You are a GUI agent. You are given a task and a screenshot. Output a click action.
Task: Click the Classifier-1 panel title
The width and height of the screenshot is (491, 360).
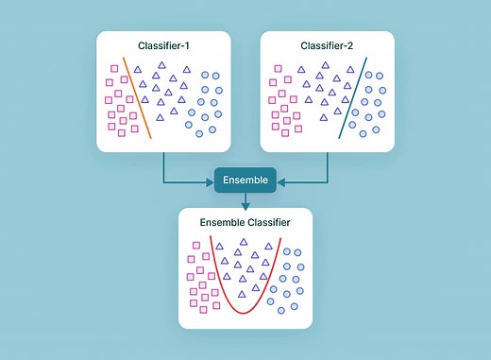164,45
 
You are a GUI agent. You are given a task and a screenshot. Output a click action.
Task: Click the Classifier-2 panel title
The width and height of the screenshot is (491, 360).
326,45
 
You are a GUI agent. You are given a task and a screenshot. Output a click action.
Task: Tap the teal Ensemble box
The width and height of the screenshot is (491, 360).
245,180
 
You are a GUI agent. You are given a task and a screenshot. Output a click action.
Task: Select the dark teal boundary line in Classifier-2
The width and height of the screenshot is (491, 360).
353,99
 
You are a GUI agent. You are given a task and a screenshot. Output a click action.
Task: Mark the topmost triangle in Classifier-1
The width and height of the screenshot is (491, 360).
161,64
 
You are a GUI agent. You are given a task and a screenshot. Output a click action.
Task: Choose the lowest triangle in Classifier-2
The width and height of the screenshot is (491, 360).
325,118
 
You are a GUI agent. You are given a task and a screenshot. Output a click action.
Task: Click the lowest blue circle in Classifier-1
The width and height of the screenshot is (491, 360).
199,131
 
